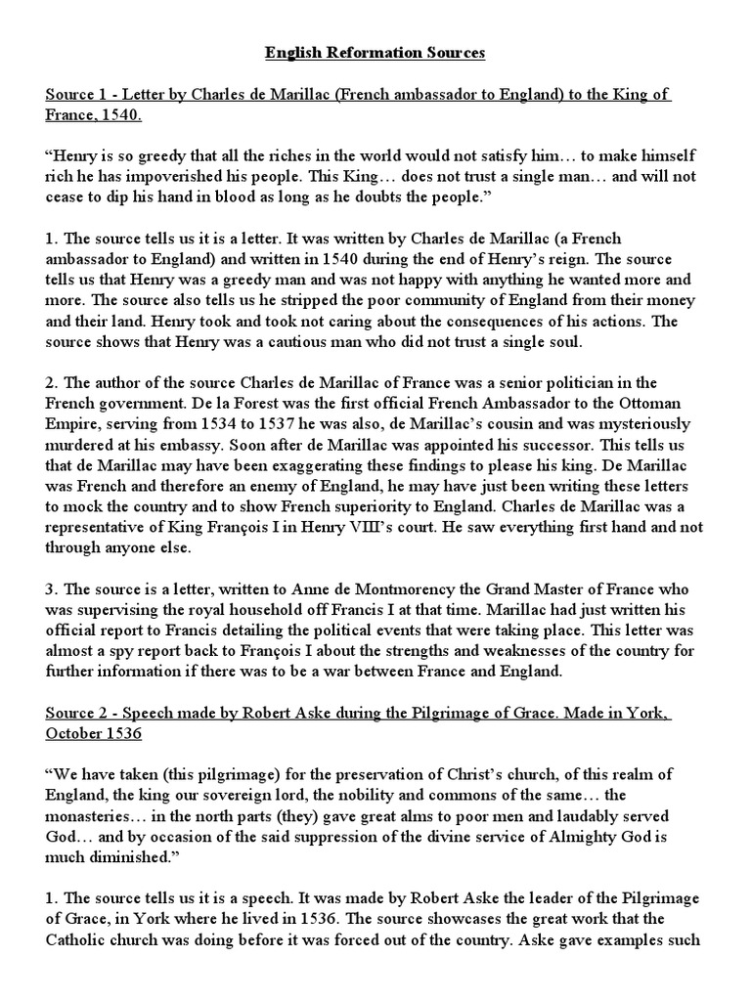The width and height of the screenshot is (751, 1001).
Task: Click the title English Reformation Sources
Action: point(375,53)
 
